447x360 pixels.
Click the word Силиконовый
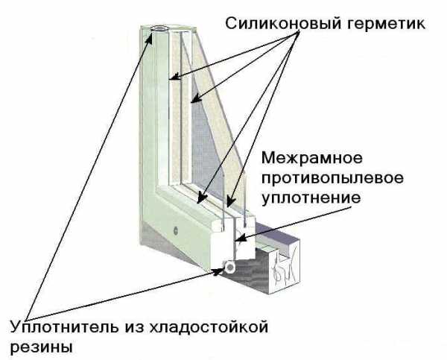[283, 24]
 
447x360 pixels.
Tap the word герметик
[386, 25]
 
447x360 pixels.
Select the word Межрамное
[312, 158]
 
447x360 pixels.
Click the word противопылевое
[333, 178]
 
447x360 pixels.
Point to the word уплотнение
[311, 198]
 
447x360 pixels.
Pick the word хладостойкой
[209, 327]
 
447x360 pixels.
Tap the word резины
[41, 347]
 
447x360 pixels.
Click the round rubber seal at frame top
[159, 28]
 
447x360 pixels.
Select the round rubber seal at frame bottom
[229, 267]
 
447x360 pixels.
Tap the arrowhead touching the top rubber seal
[149, 39]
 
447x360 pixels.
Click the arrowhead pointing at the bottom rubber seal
[218, 271]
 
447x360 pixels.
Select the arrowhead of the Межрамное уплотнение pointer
[239, 237]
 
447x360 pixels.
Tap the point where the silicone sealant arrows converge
[299, 31]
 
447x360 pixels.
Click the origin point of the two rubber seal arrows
[27, 320]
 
